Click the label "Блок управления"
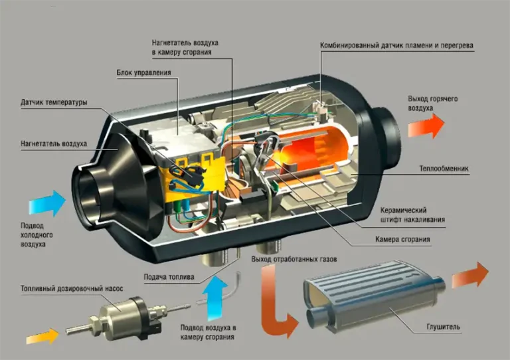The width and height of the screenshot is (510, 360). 143,72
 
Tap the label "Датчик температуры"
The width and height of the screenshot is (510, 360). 54,102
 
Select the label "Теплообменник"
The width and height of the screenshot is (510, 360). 444,169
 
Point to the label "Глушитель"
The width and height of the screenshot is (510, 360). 443,327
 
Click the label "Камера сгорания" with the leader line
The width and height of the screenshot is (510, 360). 402,239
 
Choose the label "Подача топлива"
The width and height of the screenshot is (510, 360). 169,277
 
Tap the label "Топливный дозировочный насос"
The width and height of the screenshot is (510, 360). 72,288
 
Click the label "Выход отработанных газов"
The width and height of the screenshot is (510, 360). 294,259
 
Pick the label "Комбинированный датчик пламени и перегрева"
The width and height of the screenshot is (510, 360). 396,46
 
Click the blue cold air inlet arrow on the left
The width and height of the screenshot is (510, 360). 47,204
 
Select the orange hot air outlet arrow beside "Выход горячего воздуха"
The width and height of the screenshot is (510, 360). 426,126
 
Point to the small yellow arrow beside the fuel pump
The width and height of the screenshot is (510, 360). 42,336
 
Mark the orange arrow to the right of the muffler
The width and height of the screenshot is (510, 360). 470,275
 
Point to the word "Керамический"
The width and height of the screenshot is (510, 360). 403,210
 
